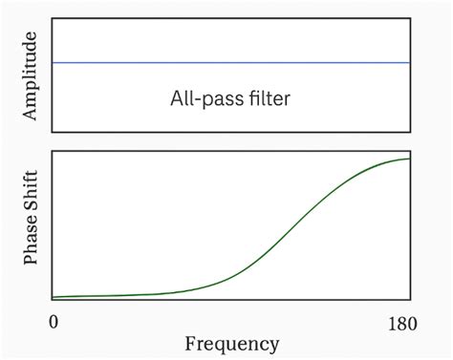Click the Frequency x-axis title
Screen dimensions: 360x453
[232, 344]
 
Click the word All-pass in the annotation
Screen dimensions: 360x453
[204, 98]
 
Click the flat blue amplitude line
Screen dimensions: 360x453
[229, 63]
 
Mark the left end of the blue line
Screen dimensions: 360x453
[53, 63]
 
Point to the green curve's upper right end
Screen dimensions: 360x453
[410, 159]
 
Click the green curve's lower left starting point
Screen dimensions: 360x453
[53, 297]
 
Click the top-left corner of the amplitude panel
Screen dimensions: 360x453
[52, 20]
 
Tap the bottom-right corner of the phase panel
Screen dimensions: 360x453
[412, 301]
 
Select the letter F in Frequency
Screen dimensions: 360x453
[189, 343]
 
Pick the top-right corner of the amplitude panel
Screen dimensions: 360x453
[412, 20]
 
